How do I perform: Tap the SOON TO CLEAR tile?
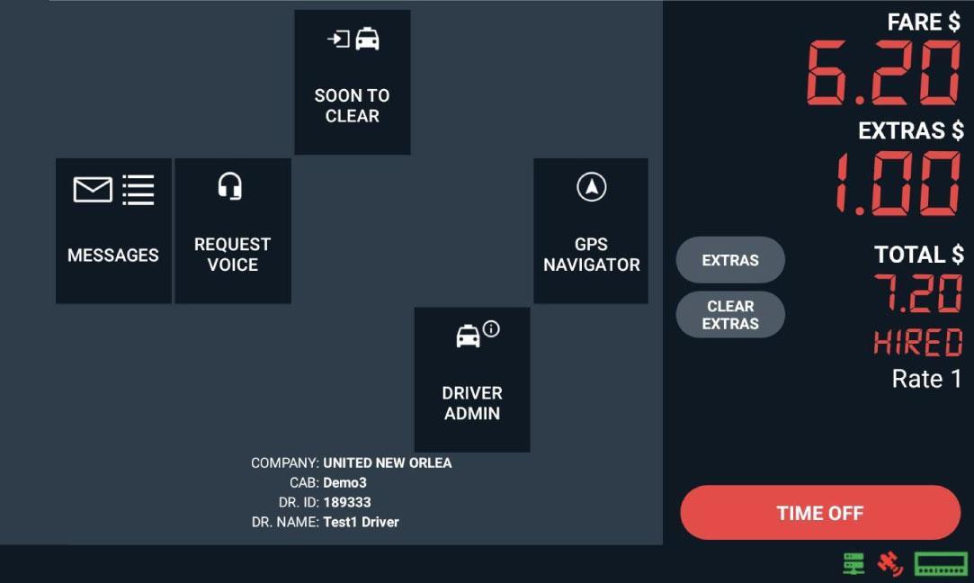(x=353, y=83)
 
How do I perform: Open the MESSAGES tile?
(x=113, y=231)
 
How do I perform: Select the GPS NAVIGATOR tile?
(x=591, y=231)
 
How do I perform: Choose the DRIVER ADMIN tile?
(x=471, y=380)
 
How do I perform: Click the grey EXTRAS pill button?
(x=730, y=260)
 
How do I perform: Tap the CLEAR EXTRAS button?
(x=730, y=315)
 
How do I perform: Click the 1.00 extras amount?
(x=898, y=184)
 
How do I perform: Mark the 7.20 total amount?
(x=918, y=293)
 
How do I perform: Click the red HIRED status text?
(x=918, y=343)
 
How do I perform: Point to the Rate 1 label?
(x=926, y=379)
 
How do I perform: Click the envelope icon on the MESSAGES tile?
(x=93, y=190)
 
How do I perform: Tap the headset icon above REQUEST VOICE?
(x=230, y=186)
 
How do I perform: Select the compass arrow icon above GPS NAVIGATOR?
(x=591, y=187)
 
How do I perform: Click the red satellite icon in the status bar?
(x=889, y=564)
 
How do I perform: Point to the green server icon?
(x=853, y=564)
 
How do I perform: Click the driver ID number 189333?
(x=347, y=502)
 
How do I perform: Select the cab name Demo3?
(x=344, y=482)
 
